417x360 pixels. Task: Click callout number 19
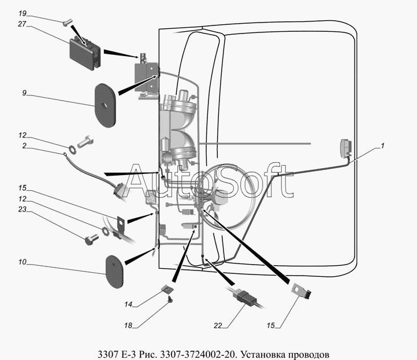point(23,13)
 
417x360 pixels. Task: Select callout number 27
point(22,24)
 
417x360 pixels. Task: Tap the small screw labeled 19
point(66,24)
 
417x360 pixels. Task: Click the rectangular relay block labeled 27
point(85,53)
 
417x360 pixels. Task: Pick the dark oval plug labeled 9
point(105,105)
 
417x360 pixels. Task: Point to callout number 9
point(24,93)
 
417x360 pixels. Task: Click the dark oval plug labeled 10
point(115,272)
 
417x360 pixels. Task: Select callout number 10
point(23,262)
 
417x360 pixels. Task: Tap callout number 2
point(24,146)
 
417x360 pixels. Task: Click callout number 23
point(23,209)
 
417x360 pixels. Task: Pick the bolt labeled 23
point(91,239)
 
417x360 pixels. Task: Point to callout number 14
point(128,304)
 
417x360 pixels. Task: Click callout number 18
point(128,325)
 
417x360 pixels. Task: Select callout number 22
point(218,325)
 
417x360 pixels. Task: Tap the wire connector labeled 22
point(245,296)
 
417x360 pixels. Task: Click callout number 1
point(382,146)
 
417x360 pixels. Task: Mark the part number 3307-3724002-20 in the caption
point(198,355)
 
